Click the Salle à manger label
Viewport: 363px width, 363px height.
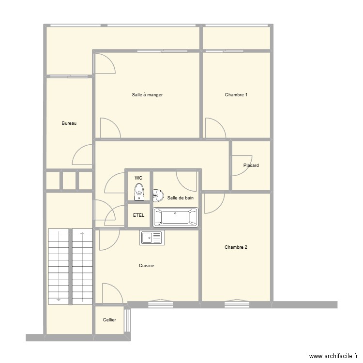point(147,95)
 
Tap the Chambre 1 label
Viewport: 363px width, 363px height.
point(236,95)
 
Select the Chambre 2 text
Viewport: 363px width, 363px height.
point(236,247)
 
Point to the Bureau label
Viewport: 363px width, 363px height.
point(69,123)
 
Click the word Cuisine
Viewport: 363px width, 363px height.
point(147,266)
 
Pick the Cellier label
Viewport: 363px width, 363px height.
point(109,320)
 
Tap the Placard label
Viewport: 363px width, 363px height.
point(251,166)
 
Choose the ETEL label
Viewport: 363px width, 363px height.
point(138,215)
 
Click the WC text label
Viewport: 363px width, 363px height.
point(138,178)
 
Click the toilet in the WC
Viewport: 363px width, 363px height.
point(139,192)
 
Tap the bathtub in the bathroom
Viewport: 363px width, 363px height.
point(176,217)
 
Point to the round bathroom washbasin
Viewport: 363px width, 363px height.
point(158,195)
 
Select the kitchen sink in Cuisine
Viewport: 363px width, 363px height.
point(152,237)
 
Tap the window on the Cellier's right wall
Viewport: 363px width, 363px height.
point(127,320)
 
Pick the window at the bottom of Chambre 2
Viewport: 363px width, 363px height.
point(237,303)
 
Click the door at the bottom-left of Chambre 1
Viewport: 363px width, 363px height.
point(214,128)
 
